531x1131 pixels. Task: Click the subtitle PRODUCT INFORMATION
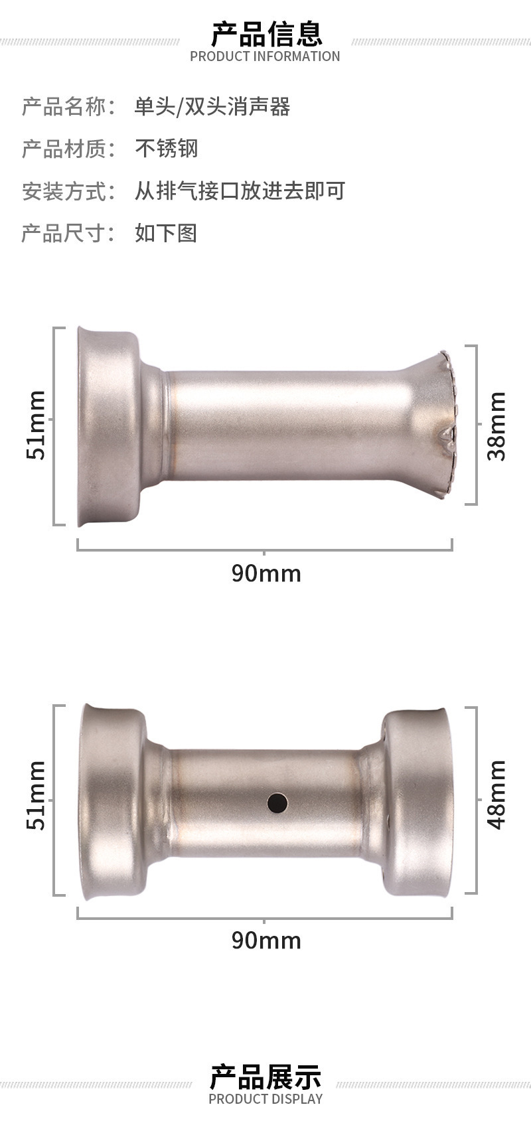[x=265, y=56]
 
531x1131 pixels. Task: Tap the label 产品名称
[x=64, y=107]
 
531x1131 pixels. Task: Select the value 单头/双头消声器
[x=212, y=107]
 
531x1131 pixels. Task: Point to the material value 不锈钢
[x=166, y=149]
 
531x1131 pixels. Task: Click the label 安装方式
[x=64, y=191]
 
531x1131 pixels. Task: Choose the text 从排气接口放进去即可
[x=240, y=191]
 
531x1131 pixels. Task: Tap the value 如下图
[x=166, y=233]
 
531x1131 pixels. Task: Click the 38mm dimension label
[x=496, y=425]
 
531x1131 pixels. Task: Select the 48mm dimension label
[x=496, y=794]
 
